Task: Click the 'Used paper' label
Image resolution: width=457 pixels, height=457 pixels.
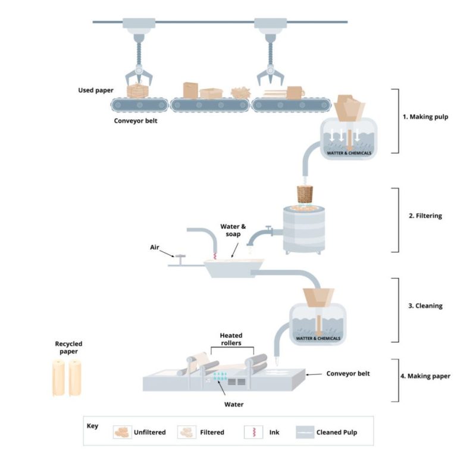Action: tap(95, 90)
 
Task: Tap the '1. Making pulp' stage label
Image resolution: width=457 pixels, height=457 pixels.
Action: tap(425, 117)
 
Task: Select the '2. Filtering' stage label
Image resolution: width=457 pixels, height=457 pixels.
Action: tap(425, 216)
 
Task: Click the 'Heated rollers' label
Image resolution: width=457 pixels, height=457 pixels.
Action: tap(231, 339)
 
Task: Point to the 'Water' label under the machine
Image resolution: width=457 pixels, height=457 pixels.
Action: tap(233, 405)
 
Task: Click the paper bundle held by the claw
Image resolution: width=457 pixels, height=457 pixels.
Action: tap(137, 91)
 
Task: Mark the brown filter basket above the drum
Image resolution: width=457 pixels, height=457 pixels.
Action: tap(305, 195)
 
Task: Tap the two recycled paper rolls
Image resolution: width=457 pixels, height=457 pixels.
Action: tap(67, 378)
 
